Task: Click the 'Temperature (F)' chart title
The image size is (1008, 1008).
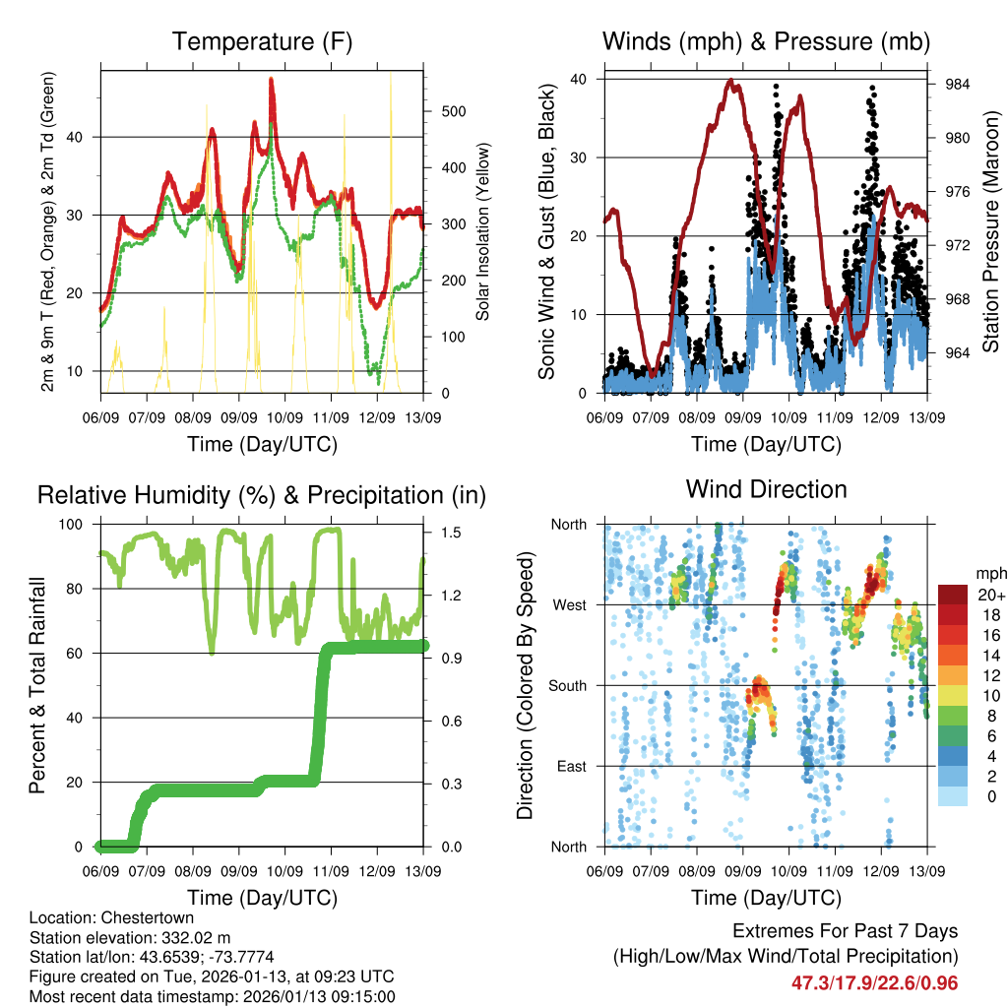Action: coord(262,41)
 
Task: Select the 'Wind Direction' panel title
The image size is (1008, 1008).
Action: coord(766,489)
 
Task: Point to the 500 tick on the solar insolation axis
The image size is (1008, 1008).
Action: coord(453,111)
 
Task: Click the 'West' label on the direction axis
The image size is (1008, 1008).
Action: coord(568,604)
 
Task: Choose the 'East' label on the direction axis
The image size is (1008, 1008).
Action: coord(569,766)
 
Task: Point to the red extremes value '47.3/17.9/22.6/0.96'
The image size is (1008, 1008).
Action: coord(874,982)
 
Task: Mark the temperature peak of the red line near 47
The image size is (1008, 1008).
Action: coord(271,81)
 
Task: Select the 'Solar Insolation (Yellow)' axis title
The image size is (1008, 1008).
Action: coord(483,232)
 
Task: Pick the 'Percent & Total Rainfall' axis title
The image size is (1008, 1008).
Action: coord(37,685)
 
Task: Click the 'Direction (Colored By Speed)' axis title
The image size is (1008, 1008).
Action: coord(525,685)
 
